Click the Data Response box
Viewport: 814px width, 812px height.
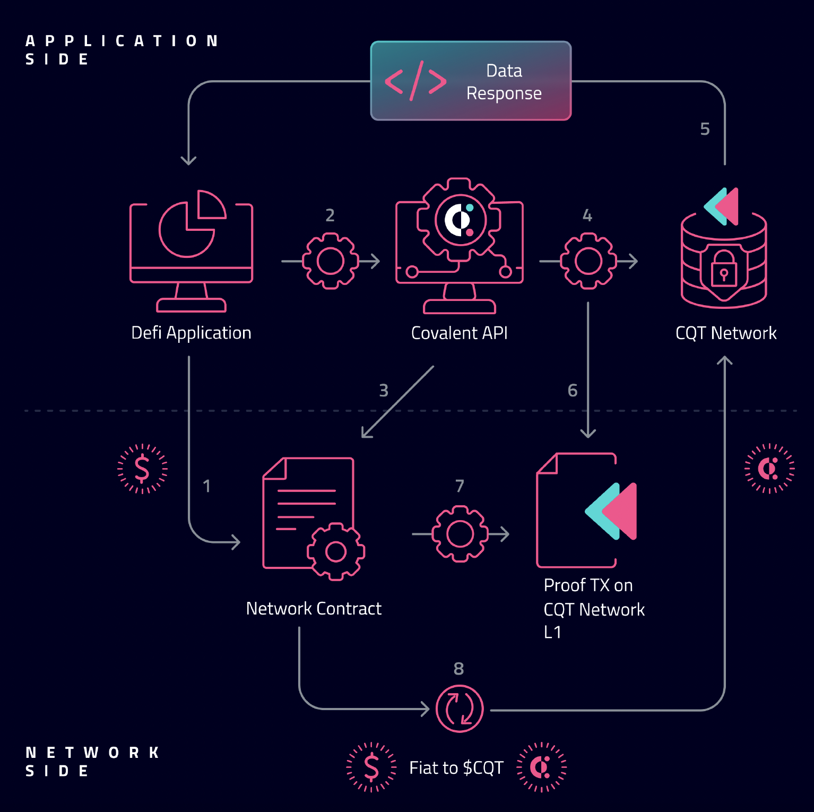coord(471,81)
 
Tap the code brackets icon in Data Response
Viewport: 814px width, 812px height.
coord(415,81)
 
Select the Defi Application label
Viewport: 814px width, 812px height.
coord(191,333)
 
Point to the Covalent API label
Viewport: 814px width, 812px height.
coord(459,333)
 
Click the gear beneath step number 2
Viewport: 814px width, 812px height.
coord(330,261)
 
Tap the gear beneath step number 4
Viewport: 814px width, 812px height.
coord(588,261)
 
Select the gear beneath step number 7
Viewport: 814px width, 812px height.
coord(460,533)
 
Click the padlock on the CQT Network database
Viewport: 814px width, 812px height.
coord(723,268)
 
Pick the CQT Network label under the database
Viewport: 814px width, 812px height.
coord(725,333)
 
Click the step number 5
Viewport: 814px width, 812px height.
coord(705,129)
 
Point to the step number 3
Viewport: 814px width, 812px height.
coord(384,391)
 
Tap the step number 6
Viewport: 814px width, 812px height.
coord(572,391)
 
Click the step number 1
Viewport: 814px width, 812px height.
coord(207,486)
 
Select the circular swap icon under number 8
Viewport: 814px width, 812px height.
coord(460,709)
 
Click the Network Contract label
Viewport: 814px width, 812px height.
coord(314,608)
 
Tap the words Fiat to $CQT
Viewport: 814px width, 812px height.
coord(456,768)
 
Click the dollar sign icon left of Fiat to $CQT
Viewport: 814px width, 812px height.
coord(371,767)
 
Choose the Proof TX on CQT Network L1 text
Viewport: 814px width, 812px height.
coord(593,609)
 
